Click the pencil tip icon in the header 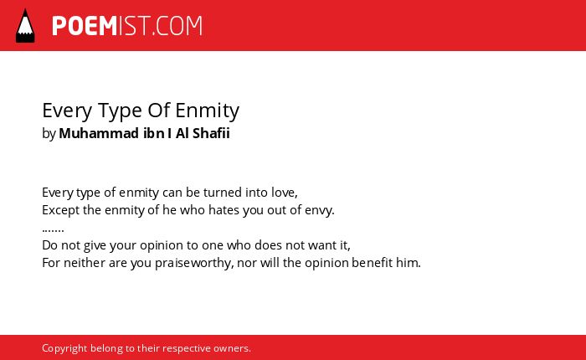pos(25,25)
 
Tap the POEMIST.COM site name pos(127,26)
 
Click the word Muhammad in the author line pos(99,133)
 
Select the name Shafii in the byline pos(211,133)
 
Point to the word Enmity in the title pos(207,111)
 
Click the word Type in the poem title pos(121,111)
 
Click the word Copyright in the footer pos(64,348)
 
